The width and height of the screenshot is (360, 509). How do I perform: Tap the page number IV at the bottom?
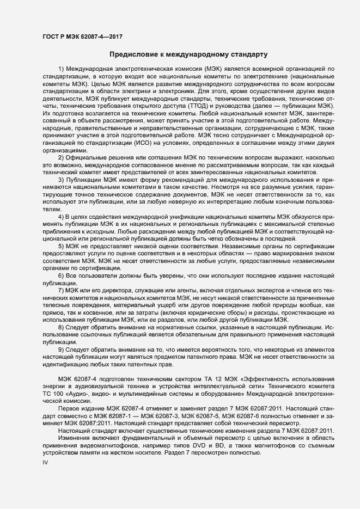click(46, 462)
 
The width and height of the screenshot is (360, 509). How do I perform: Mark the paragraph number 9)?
click(62, 348)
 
